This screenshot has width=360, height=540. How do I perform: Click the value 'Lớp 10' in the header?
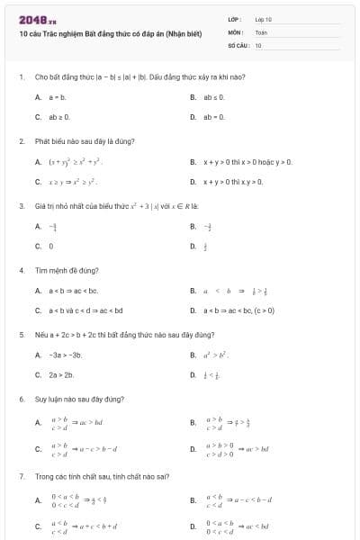[263, 19]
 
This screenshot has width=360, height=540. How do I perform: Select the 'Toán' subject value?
[261, 31]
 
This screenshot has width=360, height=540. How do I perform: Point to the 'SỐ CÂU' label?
[238, 44]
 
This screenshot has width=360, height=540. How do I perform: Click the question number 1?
[20, 78]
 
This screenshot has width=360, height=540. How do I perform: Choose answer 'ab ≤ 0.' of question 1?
[212, 96]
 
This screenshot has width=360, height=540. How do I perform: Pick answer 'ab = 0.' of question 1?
[212, 117]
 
